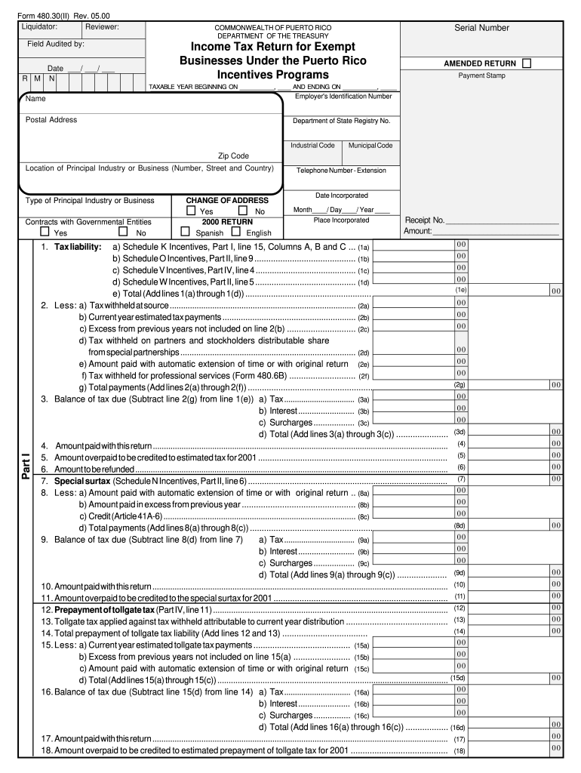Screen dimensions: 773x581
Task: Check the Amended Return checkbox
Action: click(526, 63)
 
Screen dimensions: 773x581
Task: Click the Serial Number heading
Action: click(481, 28)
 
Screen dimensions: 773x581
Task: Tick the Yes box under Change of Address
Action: click(192, 211)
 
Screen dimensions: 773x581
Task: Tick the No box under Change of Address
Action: click(243, 211)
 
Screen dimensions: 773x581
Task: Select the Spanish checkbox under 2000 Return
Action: click(185, 232)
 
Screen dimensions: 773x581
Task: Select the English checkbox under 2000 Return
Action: click(236, 232)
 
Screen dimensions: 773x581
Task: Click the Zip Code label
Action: click(233, 156)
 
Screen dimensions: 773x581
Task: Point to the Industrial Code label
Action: click(312, 145)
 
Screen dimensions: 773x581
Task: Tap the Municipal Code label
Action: click(370, 145)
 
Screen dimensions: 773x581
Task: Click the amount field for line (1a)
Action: click(412, 246)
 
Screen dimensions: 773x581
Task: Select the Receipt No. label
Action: click(424, 220)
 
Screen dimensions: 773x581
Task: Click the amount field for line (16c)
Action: click(412, 714)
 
